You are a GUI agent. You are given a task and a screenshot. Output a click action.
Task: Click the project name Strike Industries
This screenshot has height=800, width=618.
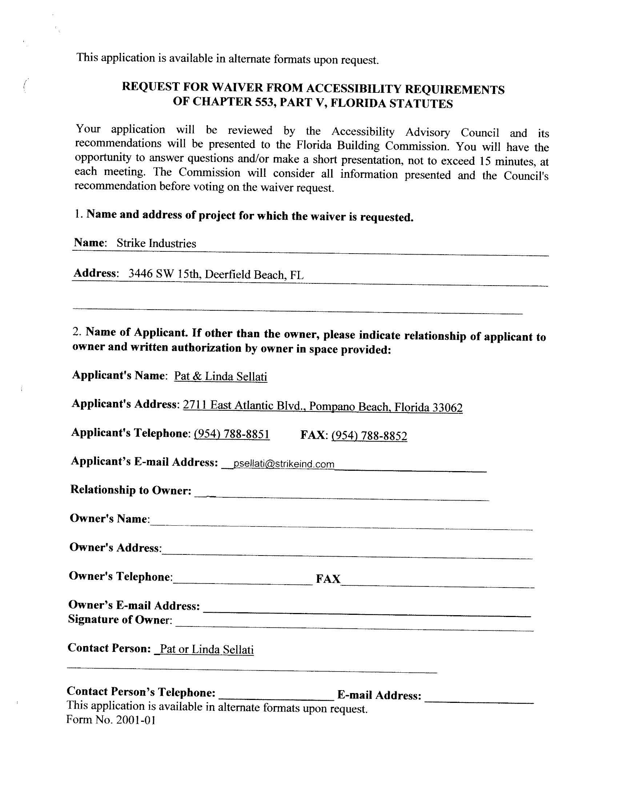(x=156, y=243)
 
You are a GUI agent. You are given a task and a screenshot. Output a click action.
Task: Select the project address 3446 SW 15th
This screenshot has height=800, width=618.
(x=164, y=274)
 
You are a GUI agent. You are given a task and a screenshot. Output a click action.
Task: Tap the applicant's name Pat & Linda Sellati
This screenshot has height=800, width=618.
(x=220, y=376)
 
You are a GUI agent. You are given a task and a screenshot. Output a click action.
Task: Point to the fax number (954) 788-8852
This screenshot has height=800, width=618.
(x=369, y=435)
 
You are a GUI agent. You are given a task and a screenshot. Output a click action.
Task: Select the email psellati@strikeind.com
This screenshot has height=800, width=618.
(x=284, y=464)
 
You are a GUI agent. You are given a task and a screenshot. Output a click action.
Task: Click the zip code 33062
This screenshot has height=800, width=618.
(x=447, y=408)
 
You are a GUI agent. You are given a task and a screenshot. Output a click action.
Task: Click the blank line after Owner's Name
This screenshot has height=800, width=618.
(x=341, y=527)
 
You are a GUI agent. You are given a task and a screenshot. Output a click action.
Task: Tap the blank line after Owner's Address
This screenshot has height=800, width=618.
(x=346, y=556)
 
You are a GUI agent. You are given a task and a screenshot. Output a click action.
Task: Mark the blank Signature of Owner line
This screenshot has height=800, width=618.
(x=353, y=629)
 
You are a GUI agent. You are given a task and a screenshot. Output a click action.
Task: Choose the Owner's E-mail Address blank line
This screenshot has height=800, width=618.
(x=366, y=615)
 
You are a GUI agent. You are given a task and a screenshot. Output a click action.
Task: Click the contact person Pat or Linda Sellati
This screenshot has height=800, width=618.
(x=206, y=649)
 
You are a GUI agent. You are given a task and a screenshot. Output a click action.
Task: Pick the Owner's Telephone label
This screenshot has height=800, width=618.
(x=120, y=576)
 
